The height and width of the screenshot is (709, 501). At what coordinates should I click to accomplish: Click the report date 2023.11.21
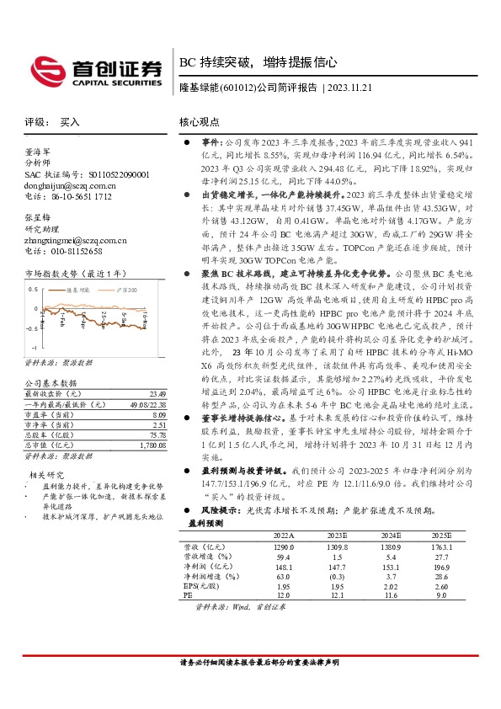click(x=353, y=87)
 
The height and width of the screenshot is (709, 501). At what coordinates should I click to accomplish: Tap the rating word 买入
click(x=70, y=122)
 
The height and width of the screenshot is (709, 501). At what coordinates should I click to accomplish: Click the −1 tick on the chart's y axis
click(x=34, y=347)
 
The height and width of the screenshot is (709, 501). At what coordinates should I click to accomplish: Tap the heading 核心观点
click(x=200, y=122)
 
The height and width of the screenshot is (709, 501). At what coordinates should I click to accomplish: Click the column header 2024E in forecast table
click(x=392, y=535)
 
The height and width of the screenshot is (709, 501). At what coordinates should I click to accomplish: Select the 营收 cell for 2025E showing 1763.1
click(x=441, y=546)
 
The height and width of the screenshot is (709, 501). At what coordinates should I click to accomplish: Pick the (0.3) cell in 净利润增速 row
click(x=337, y=576)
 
